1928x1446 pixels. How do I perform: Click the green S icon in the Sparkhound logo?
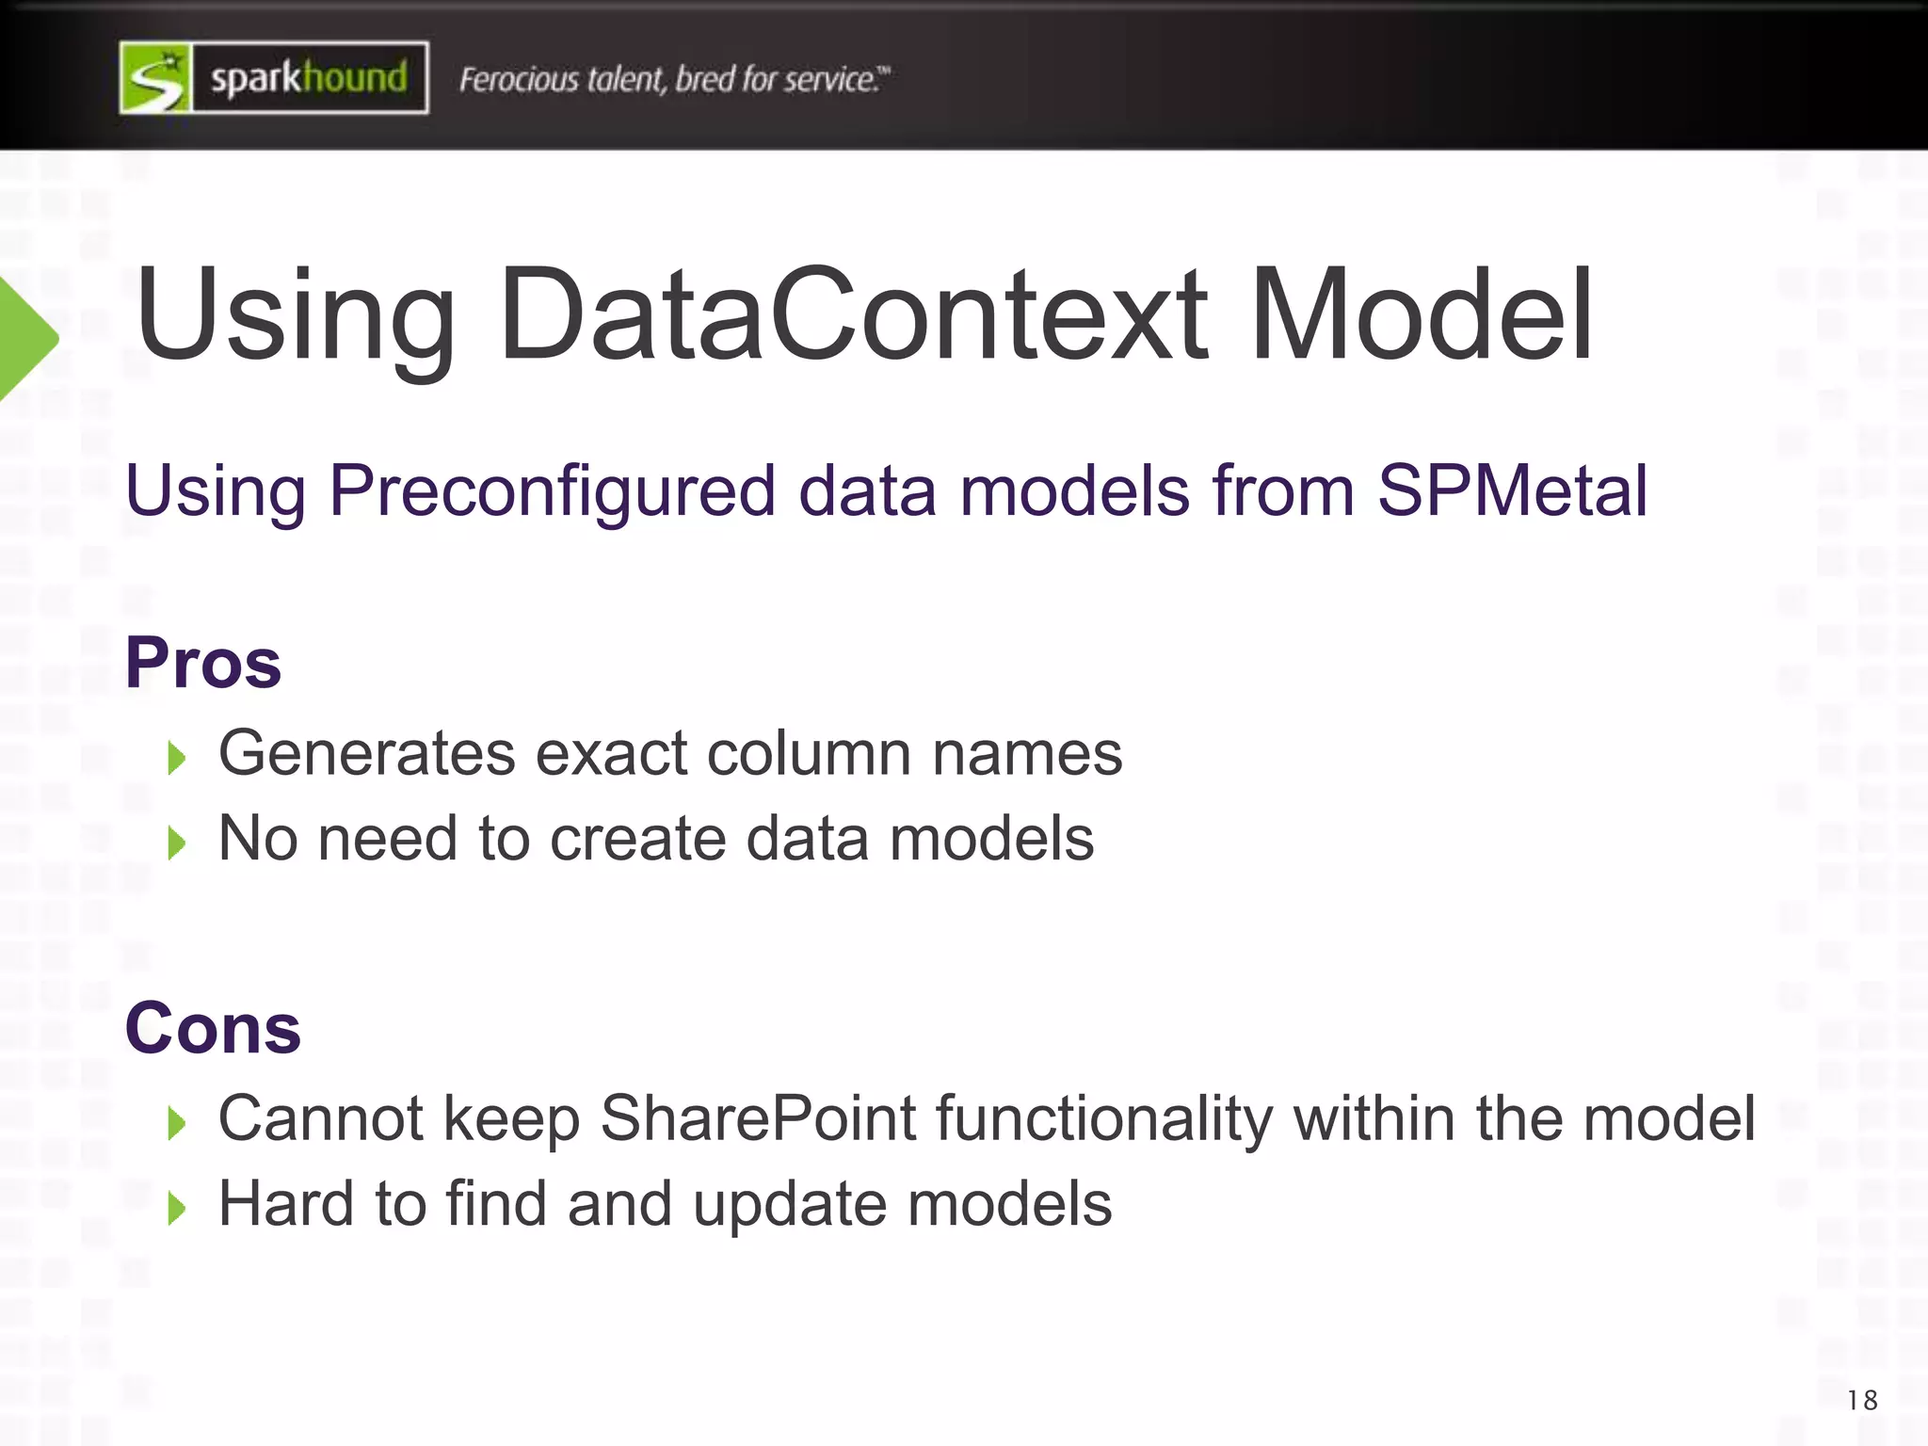coord(156,78)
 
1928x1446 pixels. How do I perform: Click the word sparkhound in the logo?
coord(309,78)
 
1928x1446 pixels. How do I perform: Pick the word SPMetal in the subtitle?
coord(1512,490)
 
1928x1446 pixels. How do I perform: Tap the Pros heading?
coord(203,663)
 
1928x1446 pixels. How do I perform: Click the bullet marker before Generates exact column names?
coord(176,757)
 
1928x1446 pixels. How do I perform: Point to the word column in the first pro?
coord(809,754)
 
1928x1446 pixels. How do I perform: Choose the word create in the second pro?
coord(637,839)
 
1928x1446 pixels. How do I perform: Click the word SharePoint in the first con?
coord(758,1118)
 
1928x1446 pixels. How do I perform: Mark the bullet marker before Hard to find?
coord(176,1208)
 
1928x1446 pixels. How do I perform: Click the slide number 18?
coord(1862,1401)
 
